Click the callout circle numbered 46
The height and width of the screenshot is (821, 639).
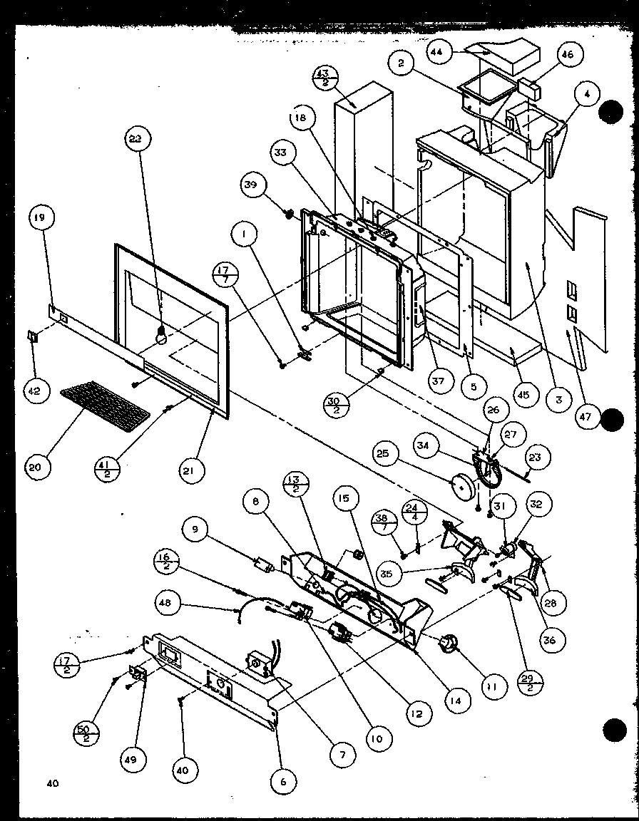tap(568, 54)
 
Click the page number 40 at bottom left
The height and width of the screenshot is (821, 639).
tap(51, 784)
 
